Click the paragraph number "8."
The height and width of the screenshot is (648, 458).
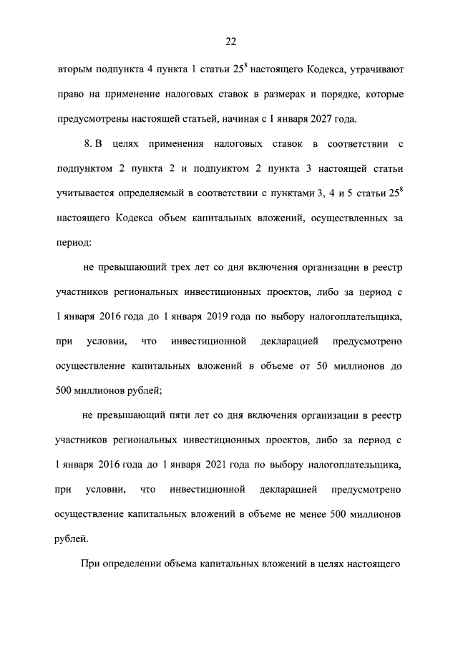(89, 145)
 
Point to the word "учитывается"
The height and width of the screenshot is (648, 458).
(81, 193)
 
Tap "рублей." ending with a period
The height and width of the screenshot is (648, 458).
(72, 537)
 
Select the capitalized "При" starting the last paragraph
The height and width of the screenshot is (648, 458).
(89, 563)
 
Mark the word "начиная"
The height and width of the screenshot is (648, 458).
(230, 119)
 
